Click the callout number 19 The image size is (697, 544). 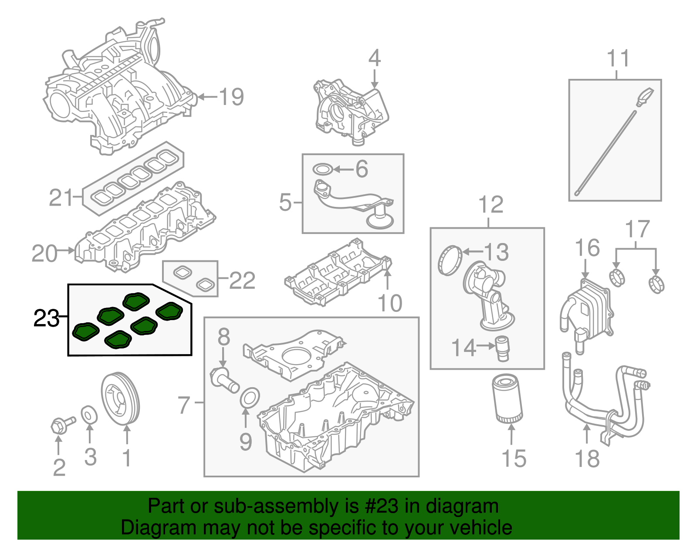click(231, 97)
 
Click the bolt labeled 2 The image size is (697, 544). click(61, 424)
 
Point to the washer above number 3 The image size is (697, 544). click(89, 414)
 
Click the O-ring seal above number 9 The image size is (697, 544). click(250, 398)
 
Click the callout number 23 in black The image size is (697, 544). click(46, 318)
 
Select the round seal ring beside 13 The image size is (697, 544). click(449, 260)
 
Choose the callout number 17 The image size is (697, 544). click(637, 229)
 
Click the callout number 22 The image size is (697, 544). click(242, 280)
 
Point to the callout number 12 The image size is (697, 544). click(491, 204)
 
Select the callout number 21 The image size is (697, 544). click(61, 198)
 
